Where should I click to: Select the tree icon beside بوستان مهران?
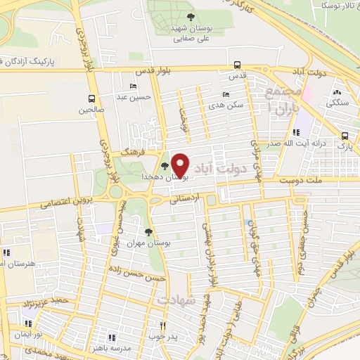coord(148,232)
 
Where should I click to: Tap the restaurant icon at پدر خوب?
coord(162,326)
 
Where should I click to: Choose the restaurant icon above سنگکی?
coord(337,92)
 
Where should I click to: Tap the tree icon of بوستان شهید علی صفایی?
coord(190,18)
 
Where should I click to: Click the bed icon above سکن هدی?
coord(225,94)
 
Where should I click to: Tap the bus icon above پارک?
coord(344,136)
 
